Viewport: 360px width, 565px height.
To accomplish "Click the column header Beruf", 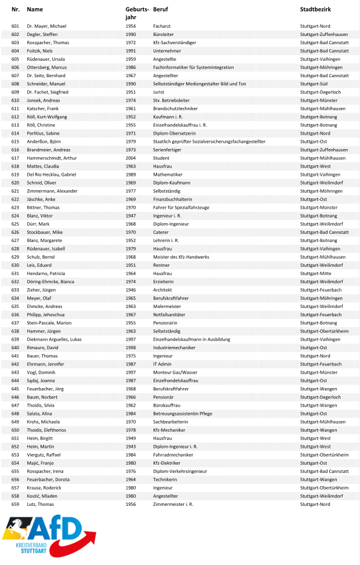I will tap(160, 10).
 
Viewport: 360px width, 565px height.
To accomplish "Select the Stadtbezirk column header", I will tap(315, 10).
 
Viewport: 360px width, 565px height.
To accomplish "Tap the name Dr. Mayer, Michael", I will tap(46, 26).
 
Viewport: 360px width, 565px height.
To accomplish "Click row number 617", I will tap(15, 158).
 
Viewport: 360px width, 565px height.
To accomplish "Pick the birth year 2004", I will tap(130, 158).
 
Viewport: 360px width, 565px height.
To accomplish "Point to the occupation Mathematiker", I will tap(168, 175).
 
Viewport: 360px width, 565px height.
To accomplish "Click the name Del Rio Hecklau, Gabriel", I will tap(52, 175).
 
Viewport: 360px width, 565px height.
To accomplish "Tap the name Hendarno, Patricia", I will tap(46, 273).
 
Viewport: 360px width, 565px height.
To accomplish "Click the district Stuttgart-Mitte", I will tap(315, 273).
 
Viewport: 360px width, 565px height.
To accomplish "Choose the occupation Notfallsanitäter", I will tap(169, 314).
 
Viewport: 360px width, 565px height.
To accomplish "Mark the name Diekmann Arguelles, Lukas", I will tap(54, 339).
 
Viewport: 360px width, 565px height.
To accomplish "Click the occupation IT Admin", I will tap(162, 364).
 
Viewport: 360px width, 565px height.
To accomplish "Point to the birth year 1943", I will tap(130, 446).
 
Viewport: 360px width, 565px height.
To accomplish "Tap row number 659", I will tap(15, 504).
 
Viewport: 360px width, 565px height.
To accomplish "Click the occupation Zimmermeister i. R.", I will tap(173, 504).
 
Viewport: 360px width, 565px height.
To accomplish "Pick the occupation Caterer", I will tap(161, 232).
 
